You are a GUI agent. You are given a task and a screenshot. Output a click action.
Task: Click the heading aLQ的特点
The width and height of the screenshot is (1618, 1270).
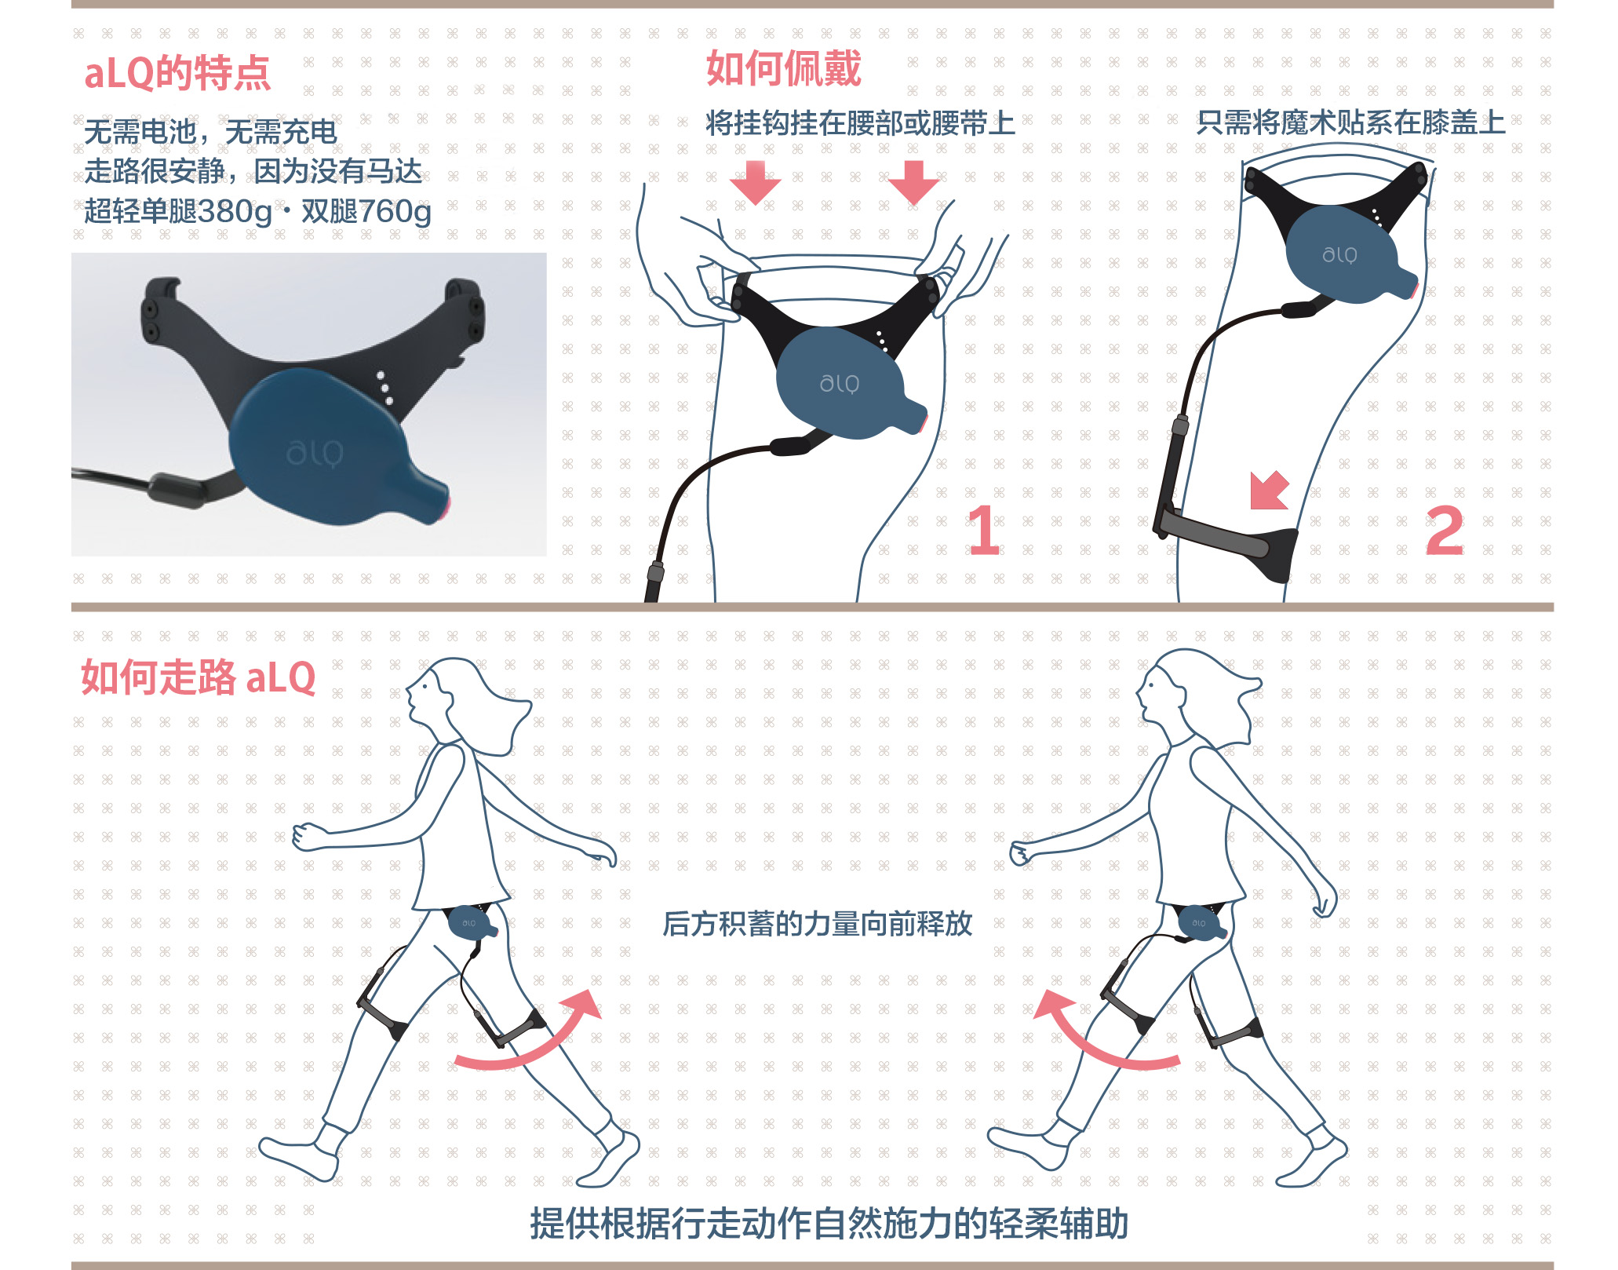[x=177, y=73]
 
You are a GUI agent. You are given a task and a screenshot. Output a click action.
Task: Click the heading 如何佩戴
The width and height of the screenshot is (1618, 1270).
[x=783, y=68]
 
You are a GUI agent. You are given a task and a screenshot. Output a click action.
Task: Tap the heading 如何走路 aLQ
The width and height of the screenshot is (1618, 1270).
[x=199, y=677]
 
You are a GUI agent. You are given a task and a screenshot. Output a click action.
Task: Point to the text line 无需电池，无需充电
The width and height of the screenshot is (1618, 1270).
[x=210, y=132]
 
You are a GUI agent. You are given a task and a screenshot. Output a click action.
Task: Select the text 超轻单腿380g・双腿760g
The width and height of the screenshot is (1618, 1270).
[x=257, y=210]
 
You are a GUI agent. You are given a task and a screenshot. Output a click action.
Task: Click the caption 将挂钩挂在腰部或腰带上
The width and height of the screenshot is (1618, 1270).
[x=860, y=123]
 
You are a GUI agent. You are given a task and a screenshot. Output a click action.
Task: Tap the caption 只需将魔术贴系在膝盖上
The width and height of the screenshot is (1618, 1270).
[x=1350, y=122]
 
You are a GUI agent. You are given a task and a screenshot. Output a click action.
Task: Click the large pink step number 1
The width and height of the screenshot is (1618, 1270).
[x=984, y=530]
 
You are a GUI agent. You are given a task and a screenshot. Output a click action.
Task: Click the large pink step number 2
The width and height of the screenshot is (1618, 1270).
[x=1445, y=530]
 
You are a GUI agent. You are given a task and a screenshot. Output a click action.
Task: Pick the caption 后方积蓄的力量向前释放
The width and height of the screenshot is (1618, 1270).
[x=818, y=924]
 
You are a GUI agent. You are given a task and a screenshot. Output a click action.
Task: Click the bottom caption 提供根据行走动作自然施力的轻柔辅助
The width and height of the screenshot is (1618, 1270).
[x=829, y=1224]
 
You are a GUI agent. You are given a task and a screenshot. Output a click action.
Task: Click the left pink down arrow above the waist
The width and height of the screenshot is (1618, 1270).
[x=755, y=182]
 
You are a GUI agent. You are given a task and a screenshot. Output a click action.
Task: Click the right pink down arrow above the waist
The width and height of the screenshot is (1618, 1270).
[x=913, y=182]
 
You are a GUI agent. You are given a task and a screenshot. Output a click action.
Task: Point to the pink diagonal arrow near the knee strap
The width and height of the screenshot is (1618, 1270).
[x=1270, y=491]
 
